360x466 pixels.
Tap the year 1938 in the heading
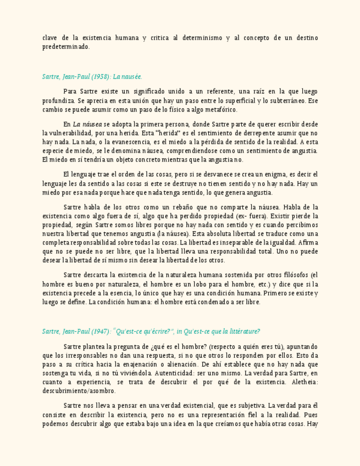101,77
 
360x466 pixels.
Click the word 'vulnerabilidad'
63,133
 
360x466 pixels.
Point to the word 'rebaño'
193,207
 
